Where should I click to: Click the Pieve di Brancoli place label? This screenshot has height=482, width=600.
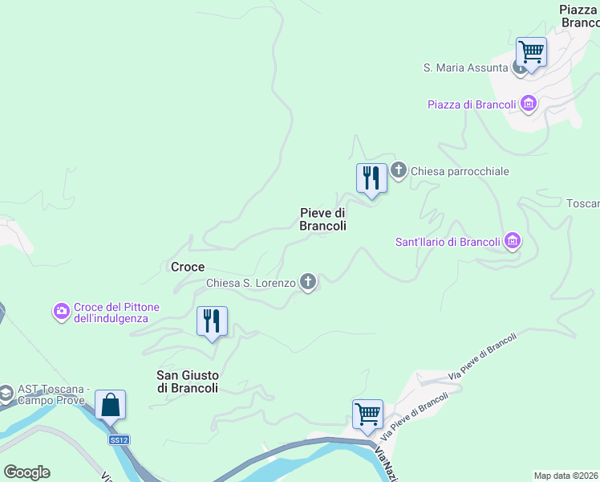point(322,219)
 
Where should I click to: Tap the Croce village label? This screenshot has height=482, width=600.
point(188,267)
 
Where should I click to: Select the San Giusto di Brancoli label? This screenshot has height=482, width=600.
point(187,381)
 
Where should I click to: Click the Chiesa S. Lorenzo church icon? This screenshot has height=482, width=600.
point(307,281)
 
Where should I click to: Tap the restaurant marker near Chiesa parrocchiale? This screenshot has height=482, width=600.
point(371,177)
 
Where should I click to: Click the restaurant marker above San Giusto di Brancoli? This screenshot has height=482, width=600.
point(212,321)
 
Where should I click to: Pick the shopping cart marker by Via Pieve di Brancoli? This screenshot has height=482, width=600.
point(367,414)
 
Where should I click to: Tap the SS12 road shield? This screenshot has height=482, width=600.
point(120,439)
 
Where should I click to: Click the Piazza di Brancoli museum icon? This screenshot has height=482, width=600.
point(528,103)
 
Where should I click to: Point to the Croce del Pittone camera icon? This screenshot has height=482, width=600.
point(62,310)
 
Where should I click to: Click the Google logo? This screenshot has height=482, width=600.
point(26,472)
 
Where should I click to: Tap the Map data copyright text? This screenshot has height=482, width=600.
point(566,476)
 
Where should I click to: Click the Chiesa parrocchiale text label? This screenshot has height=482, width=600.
point(460,171)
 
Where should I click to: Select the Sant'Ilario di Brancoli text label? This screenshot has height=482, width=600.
point(448,242)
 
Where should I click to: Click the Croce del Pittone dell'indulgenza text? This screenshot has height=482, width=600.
point(116,312)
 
